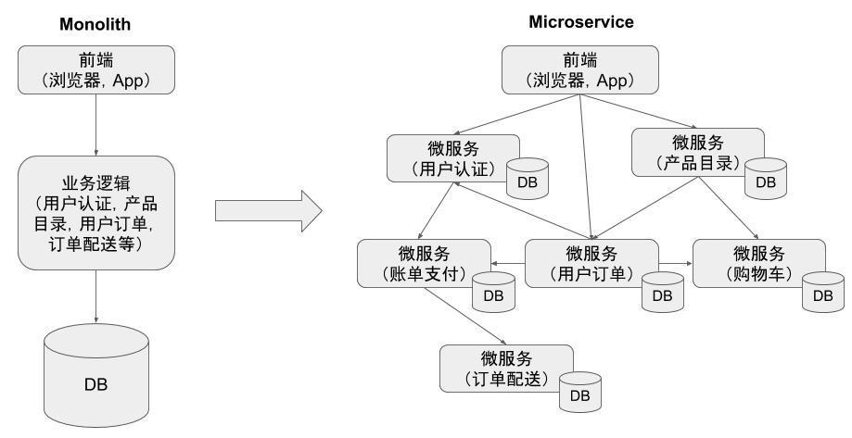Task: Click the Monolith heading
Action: point(96,24)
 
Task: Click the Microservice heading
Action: point(581,22)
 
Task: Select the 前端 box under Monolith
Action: point(96,69)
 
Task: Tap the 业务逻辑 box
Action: point(96,212)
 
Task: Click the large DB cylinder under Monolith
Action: point(96,376)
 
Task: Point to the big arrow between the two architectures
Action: point(268,211)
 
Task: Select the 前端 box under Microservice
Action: point(581,70)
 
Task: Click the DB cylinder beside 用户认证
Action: point(528,179)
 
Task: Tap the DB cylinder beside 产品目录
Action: point(766,178)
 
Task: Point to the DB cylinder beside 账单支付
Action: point(493,292)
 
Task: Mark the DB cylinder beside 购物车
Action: point(822,292)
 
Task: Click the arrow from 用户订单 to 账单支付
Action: point(508,264)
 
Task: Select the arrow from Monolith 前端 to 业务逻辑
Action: point(96,124)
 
